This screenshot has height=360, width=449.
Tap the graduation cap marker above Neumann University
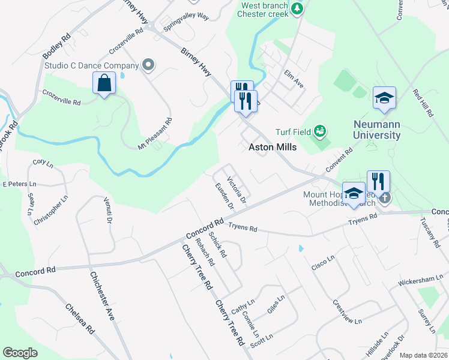384,98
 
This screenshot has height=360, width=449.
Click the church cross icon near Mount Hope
385,197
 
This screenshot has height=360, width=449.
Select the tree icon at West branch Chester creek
297,8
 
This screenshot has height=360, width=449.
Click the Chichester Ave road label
102,296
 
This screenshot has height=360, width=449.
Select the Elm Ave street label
294,79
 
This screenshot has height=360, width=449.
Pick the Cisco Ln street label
322,262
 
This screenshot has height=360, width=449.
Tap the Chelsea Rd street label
80,319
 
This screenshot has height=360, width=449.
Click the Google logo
20,353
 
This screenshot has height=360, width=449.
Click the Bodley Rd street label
56,46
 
